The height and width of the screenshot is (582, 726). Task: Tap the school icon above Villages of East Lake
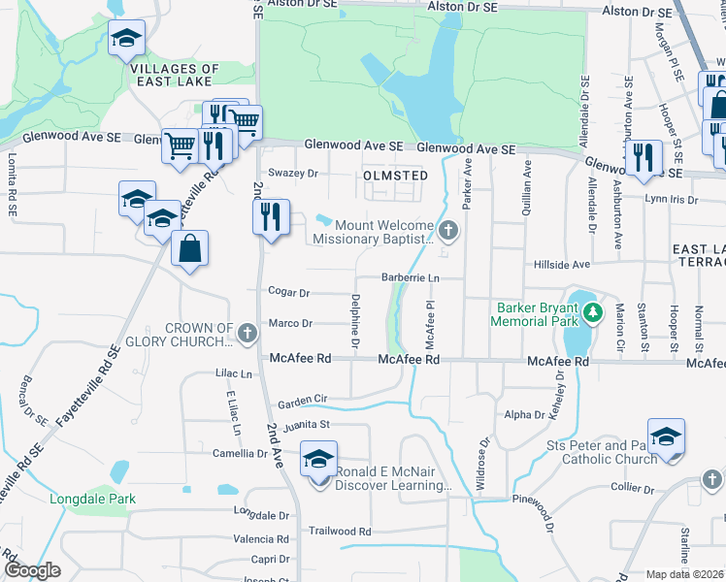(x=125, y=40)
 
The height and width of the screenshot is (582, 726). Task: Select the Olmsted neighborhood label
(x=395, y=175)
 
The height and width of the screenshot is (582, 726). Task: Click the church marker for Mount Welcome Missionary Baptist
(x=447, y=231)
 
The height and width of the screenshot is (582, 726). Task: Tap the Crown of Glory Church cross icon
(x=247, y=335)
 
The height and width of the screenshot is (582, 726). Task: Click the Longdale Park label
(x=93, y=500)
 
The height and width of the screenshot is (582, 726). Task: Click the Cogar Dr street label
(x=288, y=292)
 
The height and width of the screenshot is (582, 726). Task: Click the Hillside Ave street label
(x=561, y=265)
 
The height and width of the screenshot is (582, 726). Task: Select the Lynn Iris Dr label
(x=671, y=199)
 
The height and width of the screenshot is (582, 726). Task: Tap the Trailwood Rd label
(x=340, y=532)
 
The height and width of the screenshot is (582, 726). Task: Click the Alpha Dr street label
(x=525, y=414)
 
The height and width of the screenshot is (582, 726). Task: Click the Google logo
(x=32, y=570)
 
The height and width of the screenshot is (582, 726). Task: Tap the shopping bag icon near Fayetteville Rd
(x=189, y=247)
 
